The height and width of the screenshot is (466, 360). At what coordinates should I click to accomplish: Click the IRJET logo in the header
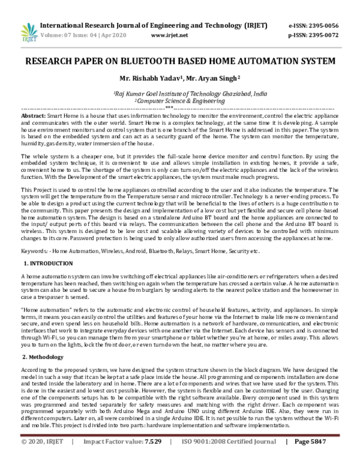click(28, 30)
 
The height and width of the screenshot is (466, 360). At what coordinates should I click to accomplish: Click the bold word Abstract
click(34, 115)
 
